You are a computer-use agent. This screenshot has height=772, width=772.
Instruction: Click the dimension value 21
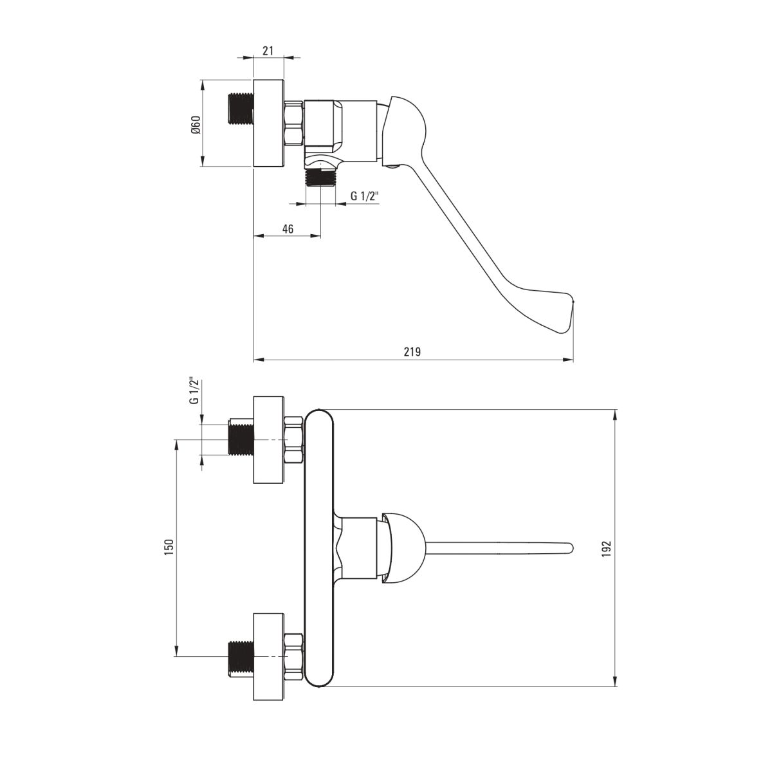[268, 51]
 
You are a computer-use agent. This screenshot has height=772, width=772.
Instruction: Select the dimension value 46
[288, 229]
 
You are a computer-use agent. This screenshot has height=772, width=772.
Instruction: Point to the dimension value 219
[412, 352]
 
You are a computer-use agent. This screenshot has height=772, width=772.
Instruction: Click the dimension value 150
[169, 547]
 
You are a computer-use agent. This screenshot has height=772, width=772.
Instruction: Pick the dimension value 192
[607, 549]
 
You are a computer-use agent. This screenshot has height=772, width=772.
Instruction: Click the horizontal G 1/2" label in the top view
[365, 196]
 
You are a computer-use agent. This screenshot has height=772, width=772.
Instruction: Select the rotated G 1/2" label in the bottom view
[194, 391]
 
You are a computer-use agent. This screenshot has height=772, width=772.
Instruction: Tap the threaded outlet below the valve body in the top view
[320, 178]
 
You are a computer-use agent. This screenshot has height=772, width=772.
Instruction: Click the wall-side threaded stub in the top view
[241, 109]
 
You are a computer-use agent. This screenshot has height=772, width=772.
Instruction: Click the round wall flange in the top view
[268, 124]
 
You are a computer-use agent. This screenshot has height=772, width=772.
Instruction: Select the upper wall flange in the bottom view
[268, 440]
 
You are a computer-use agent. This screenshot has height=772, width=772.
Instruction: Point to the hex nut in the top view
[293, 124]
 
